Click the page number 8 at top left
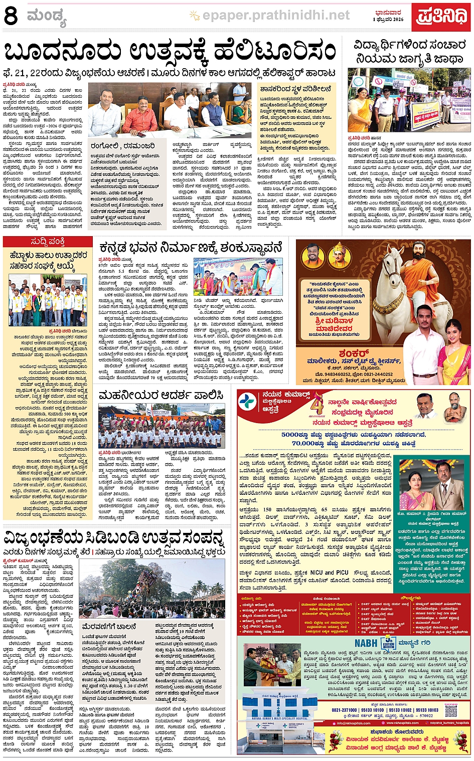[x=11, y=16]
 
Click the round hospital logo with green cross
[x=248, y=402]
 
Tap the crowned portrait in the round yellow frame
[x=339, y=256]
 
